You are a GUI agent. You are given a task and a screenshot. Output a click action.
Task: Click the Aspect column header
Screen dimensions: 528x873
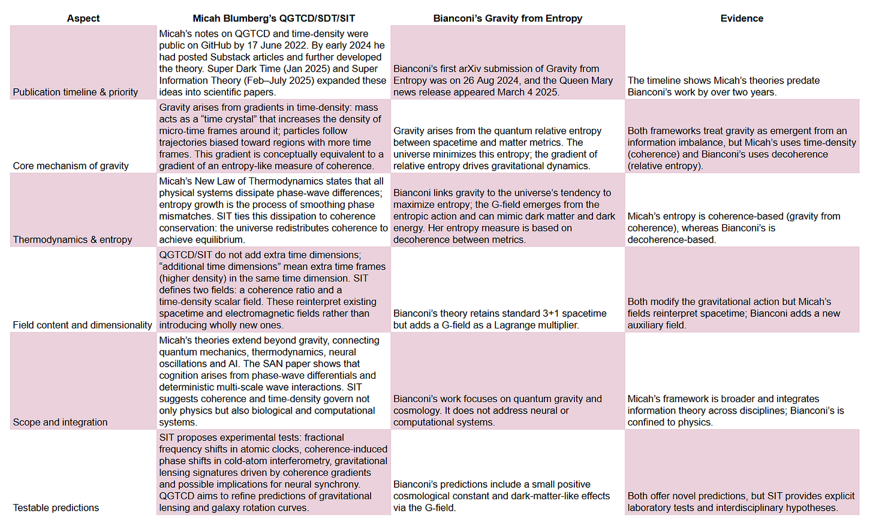pyautogui.click(x=83, y=18)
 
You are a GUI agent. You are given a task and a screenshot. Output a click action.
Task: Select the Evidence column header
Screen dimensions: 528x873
pyautogui.click(x=742, y=18)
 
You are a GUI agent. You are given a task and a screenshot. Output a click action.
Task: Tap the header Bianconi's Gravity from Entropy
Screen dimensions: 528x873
pyautogui.click(x=507, y=18)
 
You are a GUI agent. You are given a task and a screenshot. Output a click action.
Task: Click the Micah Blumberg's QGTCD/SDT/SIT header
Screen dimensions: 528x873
pyautogui.click(x=273, y=18)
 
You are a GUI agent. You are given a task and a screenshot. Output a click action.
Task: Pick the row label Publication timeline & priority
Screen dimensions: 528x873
pyautogui.click(x=76, y=92)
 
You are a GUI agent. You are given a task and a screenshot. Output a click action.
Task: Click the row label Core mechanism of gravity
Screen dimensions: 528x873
pyautogui.click(x=71, y=165)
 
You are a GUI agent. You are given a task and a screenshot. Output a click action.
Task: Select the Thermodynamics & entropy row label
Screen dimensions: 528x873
pyautogui.click(x=73, y=239)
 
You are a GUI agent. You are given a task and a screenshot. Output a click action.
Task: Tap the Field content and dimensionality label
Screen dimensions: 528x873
pyautogui.click(x=83, y=325)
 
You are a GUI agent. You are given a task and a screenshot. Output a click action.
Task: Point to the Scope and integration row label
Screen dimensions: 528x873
pyautogui.click(x=61, y=422)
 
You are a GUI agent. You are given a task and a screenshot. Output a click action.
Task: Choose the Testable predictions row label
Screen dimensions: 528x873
pyautogui.click(x=56, y=508)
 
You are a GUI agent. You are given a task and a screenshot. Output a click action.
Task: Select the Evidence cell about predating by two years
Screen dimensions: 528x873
pyautogui.click(x=723, y=86)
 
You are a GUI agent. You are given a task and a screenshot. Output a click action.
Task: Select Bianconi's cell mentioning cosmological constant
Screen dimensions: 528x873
pyautogui.click(x=501, y=496)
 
